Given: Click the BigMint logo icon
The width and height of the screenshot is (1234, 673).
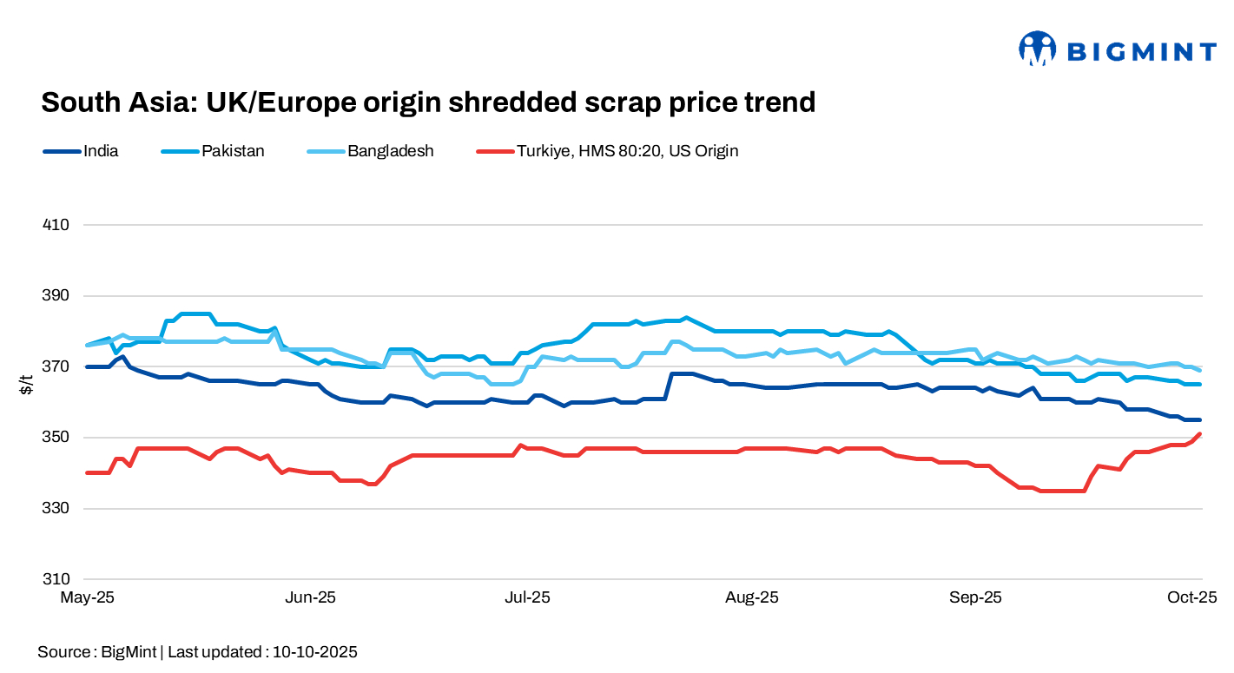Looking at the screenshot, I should [x=1037, y=49].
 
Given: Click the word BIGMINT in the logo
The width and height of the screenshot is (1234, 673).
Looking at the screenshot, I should [x=1140, y=52].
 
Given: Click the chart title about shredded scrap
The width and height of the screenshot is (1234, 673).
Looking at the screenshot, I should [x=428, y=102].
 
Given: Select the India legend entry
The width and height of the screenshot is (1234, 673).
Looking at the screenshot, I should [x=101, y=151].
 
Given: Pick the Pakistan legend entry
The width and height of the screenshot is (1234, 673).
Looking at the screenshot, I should [x=233, y=151].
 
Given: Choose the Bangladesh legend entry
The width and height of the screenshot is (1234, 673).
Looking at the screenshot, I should [x=390, y=151].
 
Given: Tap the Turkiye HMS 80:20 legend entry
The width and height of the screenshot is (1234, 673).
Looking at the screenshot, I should [x=627, y=151].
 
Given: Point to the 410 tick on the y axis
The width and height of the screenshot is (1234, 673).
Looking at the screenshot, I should [x=56, y=225].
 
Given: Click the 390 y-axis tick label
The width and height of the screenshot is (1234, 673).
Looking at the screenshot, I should [x=56, y=296].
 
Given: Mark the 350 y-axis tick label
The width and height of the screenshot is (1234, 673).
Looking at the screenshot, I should [x=56, y=438].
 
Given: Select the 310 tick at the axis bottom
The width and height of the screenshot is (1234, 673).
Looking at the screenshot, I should [x=56, y=579].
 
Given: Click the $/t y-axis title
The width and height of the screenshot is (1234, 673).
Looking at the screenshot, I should [x=27, y=386].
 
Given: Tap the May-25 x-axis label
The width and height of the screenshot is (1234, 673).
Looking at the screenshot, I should [x=87, y=597].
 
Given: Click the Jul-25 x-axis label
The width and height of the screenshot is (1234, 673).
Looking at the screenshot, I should [x=527, y=597].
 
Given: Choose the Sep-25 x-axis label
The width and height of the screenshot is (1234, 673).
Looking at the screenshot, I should [x=975, y=597].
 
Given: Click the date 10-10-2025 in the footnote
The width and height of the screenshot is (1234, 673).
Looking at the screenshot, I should [x=314, y=651].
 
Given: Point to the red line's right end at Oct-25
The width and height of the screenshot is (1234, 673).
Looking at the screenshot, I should [x=1200, y=433].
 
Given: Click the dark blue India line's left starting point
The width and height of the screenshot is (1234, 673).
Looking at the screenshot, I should [x=87, y=366].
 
